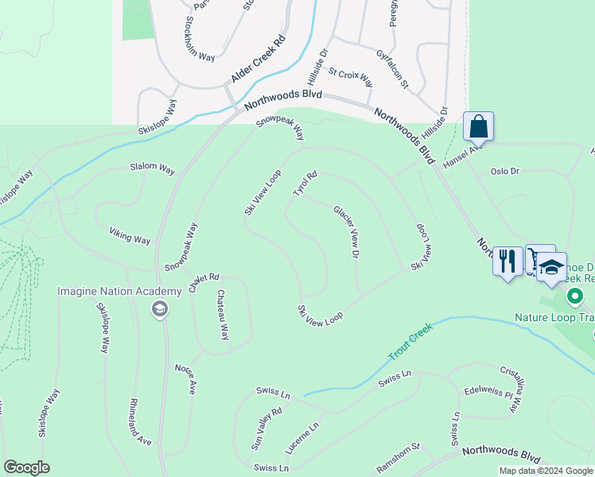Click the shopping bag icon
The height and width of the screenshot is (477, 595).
pos(478,126)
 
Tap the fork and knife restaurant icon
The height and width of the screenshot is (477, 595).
pos(507,261)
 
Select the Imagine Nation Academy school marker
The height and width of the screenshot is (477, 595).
pos(159,308)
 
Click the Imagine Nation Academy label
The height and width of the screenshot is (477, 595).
pos(108,291)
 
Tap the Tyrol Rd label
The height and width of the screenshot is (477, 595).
pos(305,184)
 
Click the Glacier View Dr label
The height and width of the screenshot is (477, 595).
pos(348,231)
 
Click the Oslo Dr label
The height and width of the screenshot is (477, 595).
pos(504,171)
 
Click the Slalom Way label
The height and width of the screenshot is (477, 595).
pos(153,169)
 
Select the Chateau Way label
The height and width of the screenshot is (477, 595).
pos(224,316)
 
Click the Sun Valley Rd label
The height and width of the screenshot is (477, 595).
pos(267,430)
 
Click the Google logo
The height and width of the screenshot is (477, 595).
pos(26,467)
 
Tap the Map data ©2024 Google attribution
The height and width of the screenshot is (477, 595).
pos(545,471)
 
